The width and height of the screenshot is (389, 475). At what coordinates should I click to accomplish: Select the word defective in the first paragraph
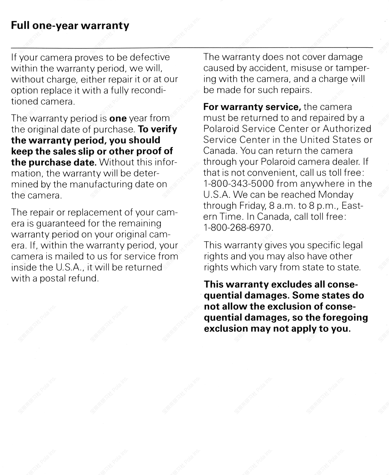(x=150, y=57)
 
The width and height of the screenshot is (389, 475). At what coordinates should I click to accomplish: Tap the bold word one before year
(x=118, y=118)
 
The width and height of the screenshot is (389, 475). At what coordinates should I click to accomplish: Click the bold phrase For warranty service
(x=252, y=107)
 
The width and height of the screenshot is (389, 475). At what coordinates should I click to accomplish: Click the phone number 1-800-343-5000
(x=239, y=184)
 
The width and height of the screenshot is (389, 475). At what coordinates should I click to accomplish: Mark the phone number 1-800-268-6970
(x=238, y=228)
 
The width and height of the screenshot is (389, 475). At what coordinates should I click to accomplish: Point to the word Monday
(x=336, y=195)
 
